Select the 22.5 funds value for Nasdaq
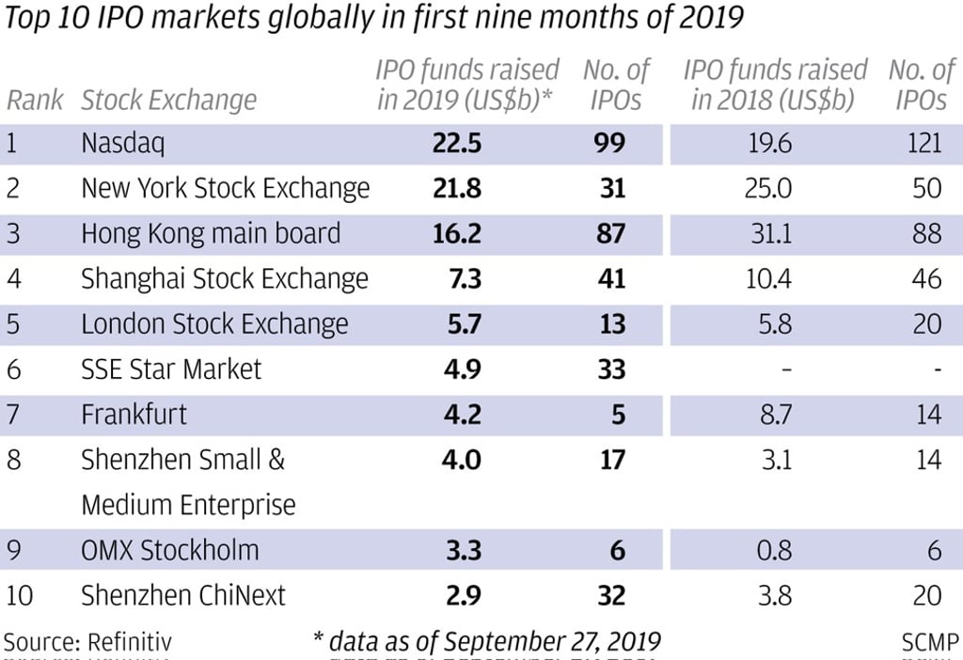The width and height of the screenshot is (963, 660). [457, 143]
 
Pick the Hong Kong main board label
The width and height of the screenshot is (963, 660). [211, 233]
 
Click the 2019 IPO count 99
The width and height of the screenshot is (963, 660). [610, 143]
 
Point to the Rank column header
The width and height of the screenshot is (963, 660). [35, 100]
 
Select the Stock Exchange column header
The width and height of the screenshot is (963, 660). [168, 100]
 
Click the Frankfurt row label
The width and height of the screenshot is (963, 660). [134, 414]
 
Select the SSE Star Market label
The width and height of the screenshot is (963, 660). [171, 369]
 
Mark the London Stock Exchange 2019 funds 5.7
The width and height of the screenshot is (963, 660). [462, 323]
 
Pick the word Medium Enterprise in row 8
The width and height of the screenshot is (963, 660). [188, 505]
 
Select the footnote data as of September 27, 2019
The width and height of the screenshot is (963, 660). [487, 642]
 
